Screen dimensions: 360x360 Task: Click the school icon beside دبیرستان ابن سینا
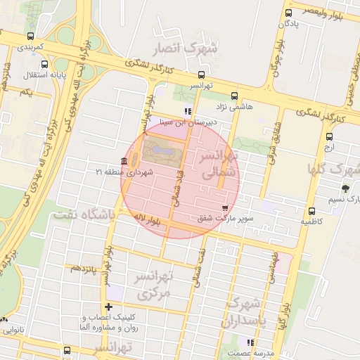tap(187, 110)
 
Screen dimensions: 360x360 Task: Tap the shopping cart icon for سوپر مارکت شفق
tap(224, 207)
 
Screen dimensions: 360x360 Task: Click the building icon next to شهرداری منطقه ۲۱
tap(124, 161)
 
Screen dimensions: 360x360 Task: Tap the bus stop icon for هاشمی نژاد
tap(234, 96)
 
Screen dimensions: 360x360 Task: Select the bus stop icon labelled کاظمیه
tap(311, 211)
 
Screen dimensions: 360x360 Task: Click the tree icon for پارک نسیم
tap(345, 188)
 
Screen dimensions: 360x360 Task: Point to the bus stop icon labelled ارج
tap(330, 138)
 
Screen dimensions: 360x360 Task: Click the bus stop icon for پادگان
tap(289, 13)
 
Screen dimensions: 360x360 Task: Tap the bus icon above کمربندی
tap(30, 36)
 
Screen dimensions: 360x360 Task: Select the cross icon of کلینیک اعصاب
tap(108, 307)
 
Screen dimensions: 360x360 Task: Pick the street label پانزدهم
tap(82, 268)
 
